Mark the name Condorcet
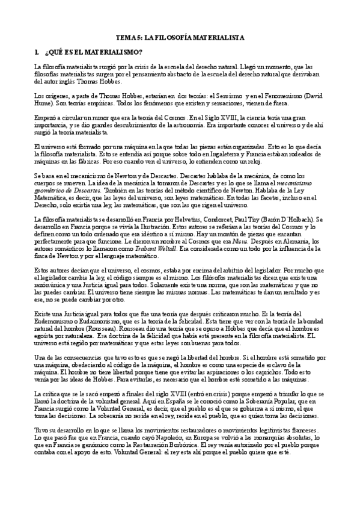pyautogui.click(x=218, y=220)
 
